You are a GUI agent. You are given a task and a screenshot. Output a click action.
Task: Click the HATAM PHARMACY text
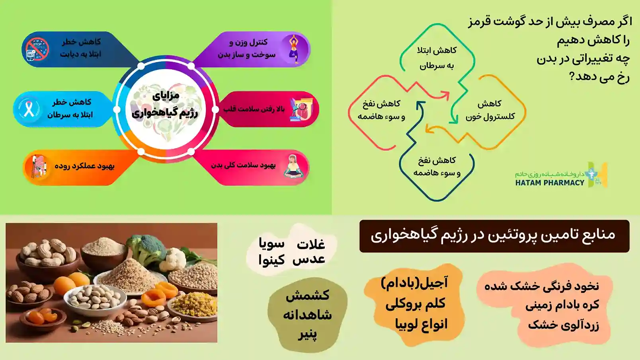pos(550,183)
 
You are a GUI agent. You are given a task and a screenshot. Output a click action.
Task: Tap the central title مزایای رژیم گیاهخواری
pos(165,105)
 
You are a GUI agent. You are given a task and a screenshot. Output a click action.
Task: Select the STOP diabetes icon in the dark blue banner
pos(37,49)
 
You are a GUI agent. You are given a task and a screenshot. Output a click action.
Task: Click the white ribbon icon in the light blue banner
pos(29,109)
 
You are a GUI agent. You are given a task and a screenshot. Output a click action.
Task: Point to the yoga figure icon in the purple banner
pos(294,49)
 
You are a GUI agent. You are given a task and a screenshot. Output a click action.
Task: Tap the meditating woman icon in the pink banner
pos(293,166)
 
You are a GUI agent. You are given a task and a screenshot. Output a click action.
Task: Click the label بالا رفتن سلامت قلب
pos(254,109)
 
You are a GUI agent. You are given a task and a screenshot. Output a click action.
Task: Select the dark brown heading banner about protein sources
pos(494,236)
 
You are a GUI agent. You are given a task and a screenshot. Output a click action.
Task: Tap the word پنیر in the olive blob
pos(308,334)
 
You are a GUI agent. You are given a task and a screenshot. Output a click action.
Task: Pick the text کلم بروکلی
pos(416,304)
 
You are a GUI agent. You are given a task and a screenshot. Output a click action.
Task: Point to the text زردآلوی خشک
pos(563,325)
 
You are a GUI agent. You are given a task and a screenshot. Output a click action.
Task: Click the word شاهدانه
pos(307,315)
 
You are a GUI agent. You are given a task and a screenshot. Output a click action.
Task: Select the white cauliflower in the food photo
pos(173,259)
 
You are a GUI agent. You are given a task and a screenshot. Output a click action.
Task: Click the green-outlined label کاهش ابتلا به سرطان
pos(437,58)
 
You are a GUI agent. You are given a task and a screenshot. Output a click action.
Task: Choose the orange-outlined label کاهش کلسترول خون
pos(490,110)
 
